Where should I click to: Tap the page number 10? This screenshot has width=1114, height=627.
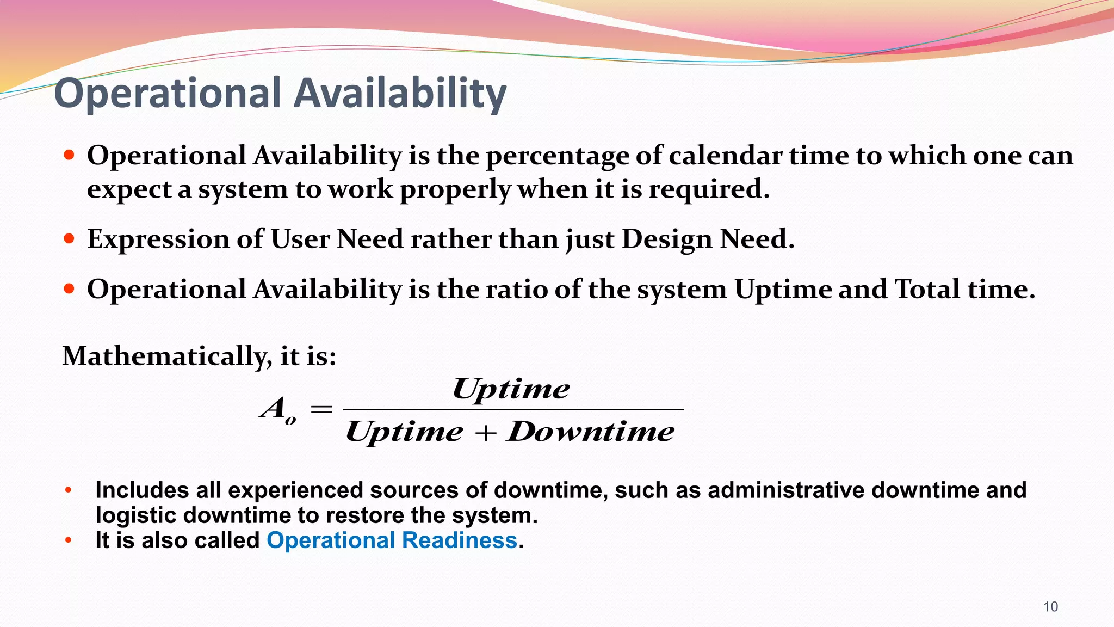pyautogui.click(x=1050, y=607)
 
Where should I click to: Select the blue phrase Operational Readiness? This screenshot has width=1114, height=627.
pyautogui.click(x=392, y=540)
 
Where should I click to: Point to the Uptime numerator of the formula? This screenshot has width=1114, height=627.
pyautogui.click(x=511, y=389)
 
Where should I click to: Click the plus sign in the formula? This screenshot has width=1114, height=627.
pyautogui.click(x=485, y=433)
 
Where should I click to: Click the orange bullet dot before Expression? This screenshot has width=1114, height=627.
pyautogui.click(x=69, y=238)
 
